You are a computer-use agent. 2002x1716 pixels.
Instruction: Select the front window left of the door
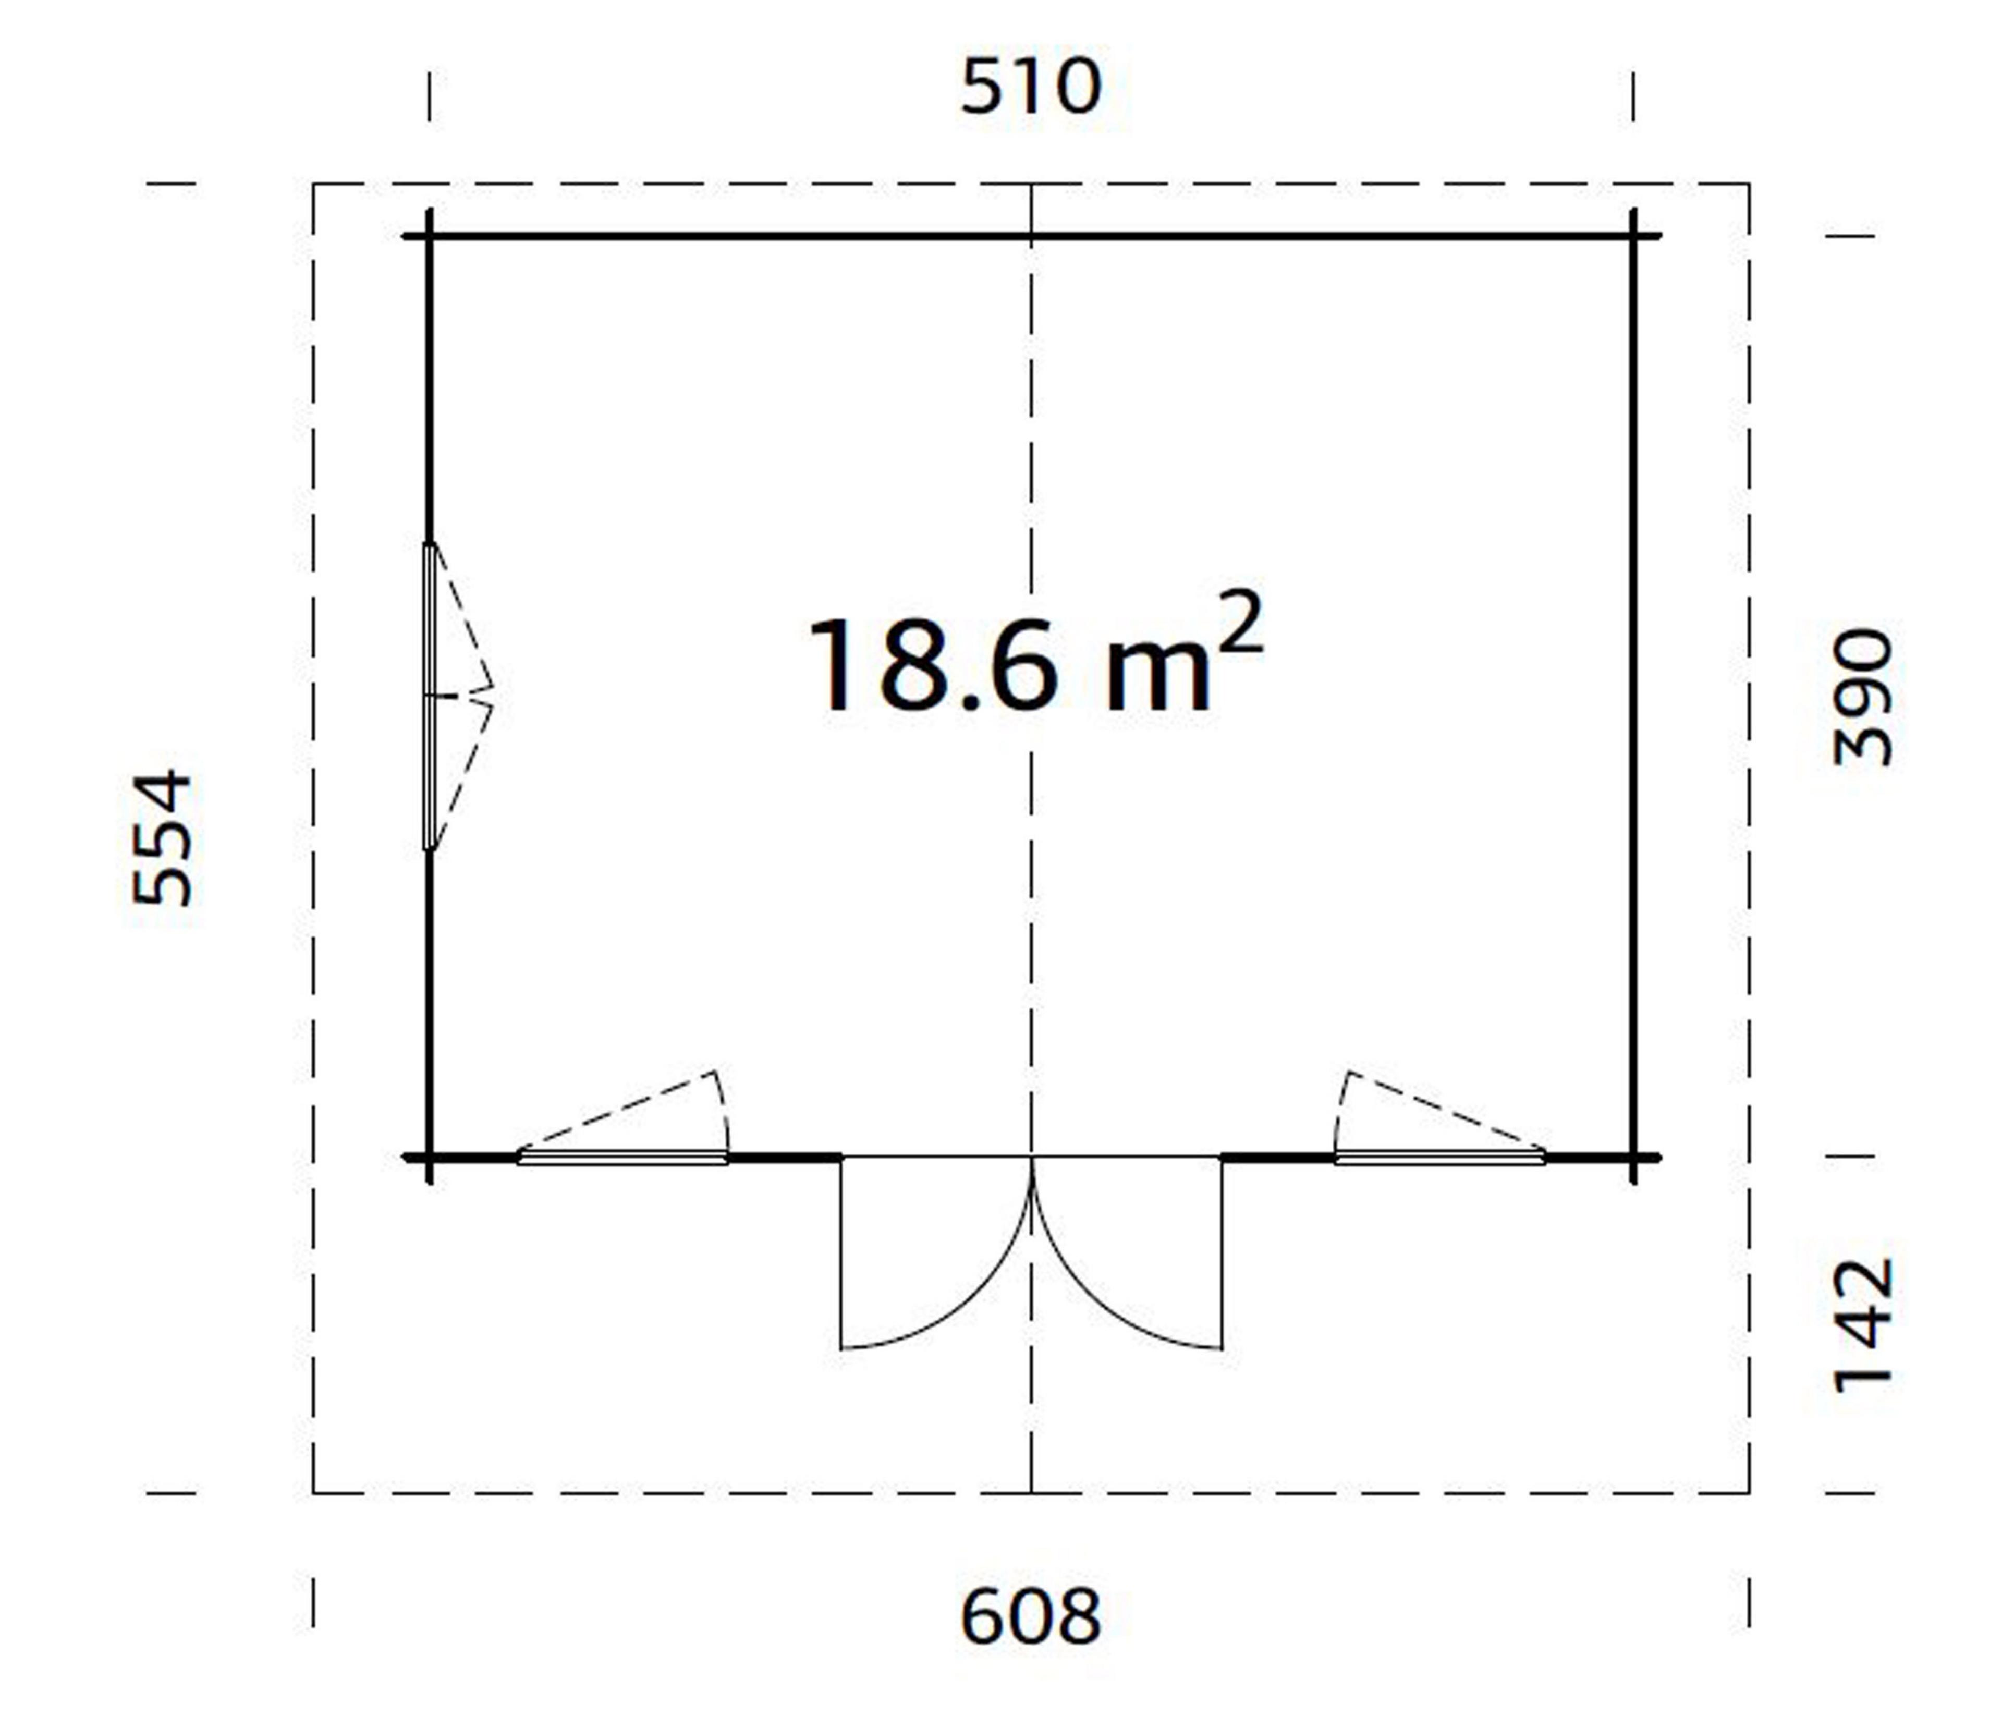coord(623,1157)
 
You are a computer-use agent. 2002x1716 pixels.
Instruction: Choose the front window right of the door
coord(1439,1157)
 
